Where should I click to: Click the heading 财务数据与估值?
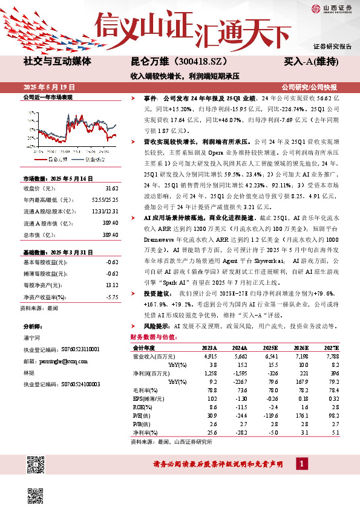(152, 337)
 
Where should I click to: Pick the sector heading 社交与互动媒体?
(57, 62)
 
